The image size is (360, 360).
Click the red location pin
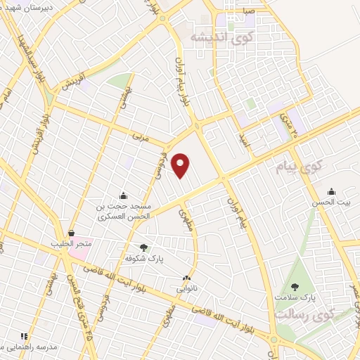[181, 165]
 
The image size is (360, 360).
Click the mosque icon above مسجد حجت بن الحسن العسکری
[124, 195]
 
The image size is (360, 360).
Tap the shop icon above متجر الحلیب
[70, 233]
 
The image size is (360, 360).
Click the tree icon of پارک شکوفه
[144, 247]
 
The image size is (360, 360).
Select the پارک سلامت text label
[296, 299]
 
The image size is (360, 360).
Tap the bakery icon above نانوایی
[186, 278]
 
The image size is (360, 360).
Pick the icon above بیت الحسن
[331, 192]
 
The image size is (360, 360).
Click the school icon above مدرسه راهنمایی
[24, 337]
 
